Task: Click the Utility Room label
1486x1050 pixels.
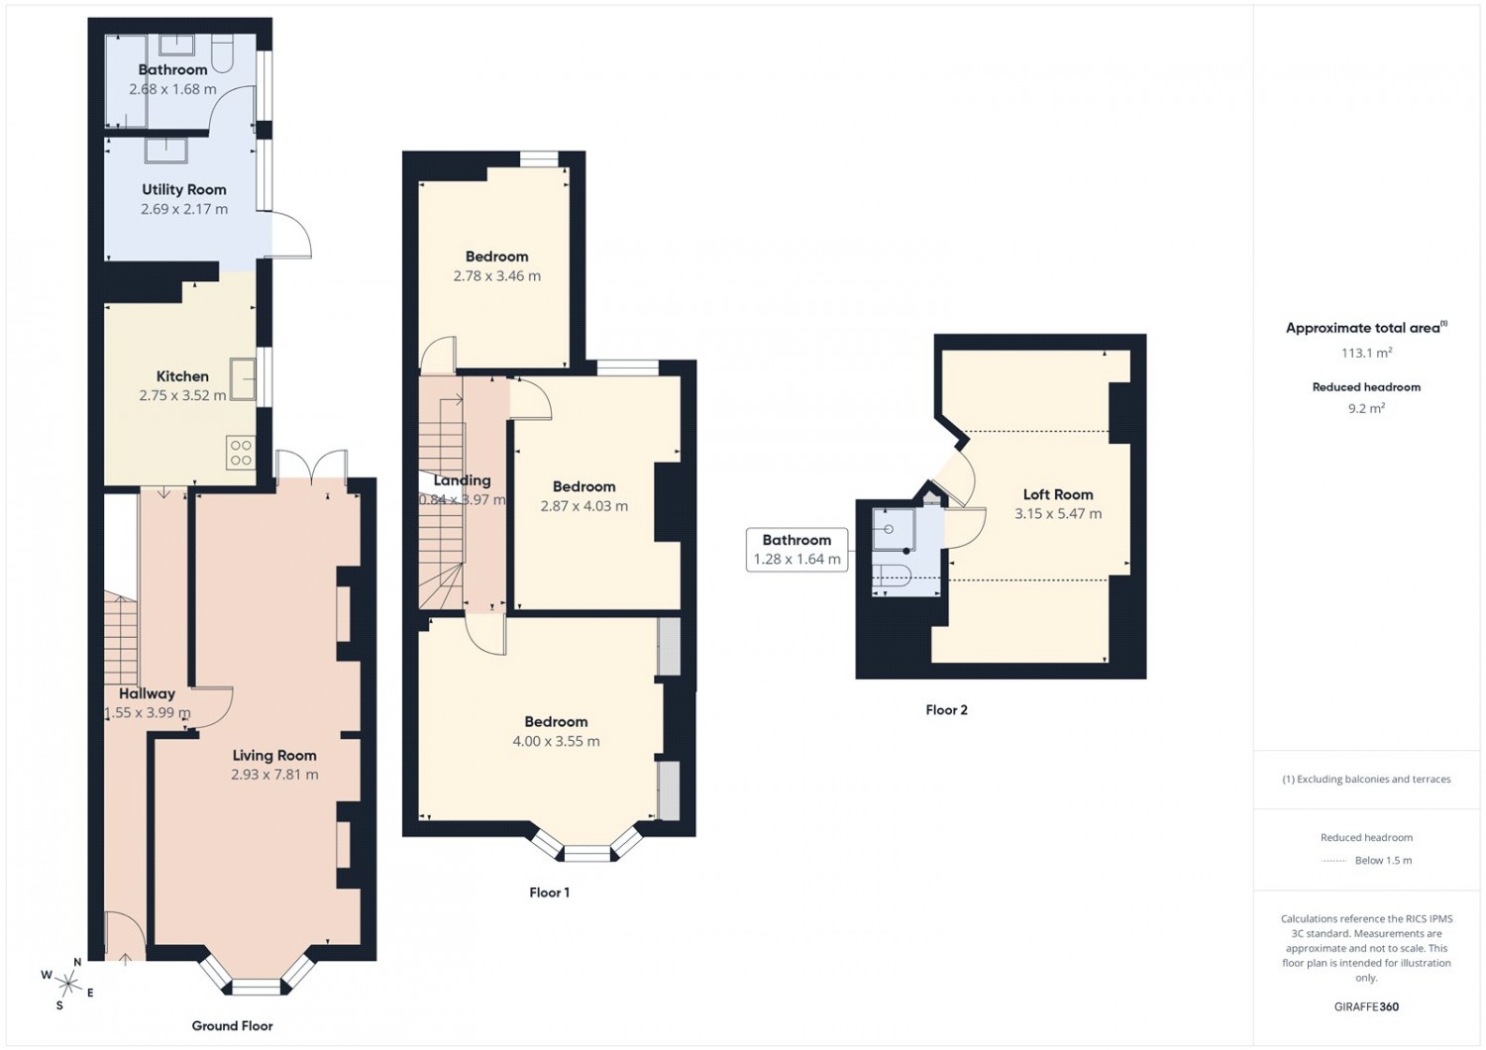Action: pos(183,190)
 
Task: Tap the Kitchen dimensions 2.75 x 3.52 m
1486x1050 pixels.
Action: pos(182,395)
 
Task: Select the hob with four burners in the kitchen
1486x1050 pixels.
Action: pos(241,453)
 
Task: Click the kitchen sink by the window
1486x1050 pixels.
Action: pos(243,379)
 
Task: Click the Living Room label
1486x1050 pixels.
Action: pos(274,755)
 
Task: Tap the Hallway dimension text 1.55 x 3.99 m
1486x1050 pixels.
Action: pos(148,713)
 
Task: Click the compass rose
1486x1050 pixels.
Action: pos(65,983)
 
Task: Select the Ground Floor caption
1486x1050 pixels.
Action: pos(232,1025)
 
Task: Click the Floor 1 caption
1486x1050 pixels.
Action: pos(549,892)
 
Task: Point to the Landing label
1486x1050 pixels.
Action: pos(463,480)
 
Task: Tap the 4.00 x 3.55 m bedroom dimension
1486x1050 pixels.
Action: pos(556,741)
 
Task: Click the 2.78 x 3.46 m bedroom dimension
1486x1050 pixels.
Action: pos(497,275)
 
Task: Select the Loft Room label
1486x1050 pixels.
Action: pos(1058,494)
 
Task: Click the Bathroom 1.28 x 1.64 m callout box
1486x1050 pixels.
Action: pos(796,549)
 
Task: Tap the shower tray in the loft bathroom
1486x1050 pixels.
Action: pos(894,529)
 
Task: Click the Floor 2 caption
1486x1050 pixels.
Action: pos(947,709)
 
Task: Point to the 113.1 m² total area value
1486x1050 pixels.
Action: pos(1366,353)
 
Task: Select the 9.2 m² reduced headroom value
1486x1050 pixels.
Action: pos(1366,408)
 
